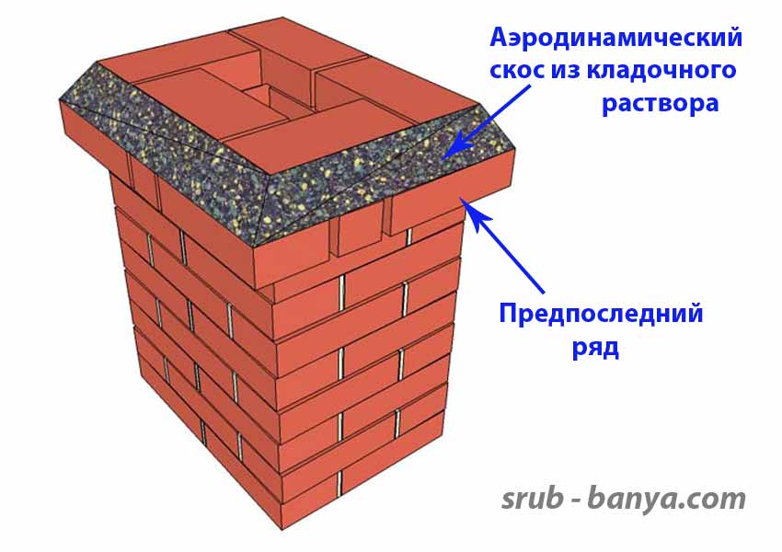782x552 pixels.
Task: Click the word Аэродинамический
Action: pos(615,39)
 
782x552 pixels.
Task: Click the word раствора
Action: pos(660,103)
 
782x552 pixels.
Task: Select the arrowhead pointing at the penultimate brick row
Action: pos(472,204)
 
